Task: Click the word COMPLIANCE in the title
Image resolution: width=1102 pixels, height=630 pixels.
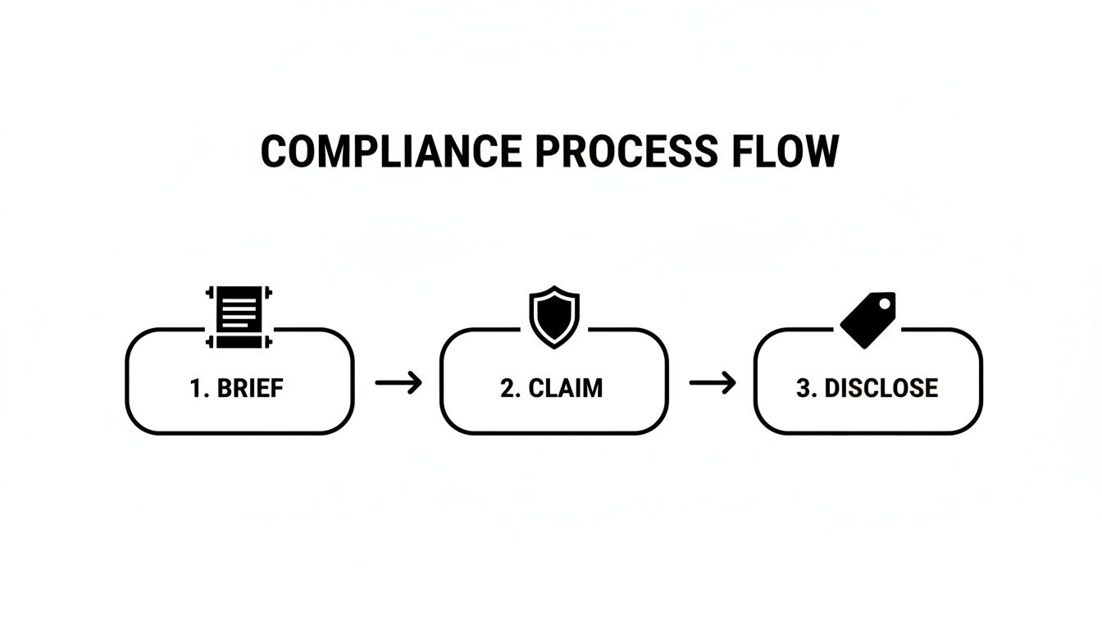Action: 390,152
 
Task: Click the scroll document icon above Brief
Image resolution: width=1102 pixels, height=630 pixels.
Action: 239,317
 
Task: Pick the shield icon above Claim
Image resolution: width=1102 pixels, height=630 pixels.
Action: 554,316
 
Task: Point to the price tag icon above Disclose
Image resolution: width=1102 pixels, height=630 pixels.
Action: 868,319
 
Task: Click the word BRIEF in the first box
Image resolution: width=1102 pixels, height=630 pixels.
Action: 250,387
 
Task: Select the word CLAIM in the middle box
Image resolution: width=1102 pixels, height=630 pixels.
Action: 565,387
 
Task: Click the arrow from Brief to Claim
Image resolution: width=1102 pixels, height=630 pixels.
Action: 398,382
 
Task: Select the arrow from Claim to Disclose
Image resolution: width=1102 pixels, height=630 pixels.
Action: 713,382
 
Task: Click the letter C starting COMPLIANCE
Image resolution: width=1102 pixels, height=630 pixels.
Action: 274,152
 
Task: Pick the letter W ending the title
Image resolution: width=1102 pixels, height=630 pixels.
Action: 822,152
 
